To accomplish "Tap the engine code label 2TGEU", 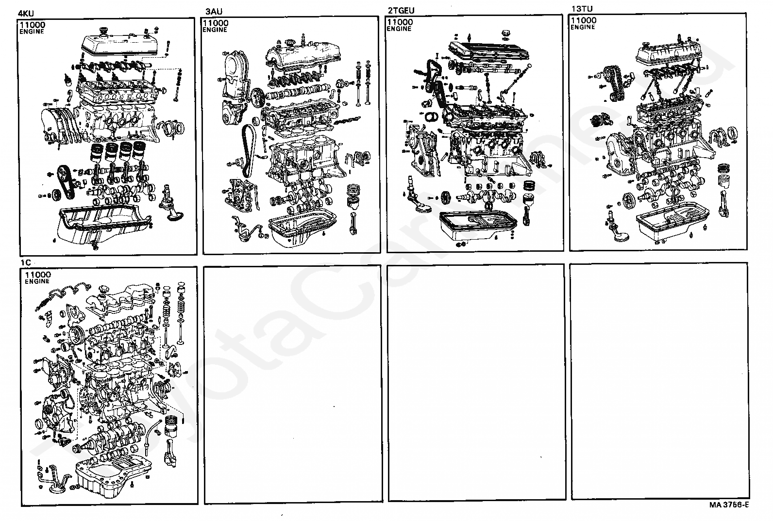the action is pos(401,10).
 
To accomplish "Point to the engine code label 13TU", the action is pos(582,9).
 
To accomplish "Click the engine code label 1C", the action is pos(26,262).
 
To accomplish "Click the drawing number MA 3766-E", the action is pos(729,505).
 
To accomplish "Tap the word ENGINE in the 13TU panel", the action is pos(583,27).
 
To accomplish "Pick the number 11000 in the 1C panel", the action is pos(37,275).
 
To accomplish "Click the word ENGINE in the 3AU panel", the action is pos(215,30).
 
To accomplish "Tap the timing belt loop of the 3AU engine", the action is pos(248,150).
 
